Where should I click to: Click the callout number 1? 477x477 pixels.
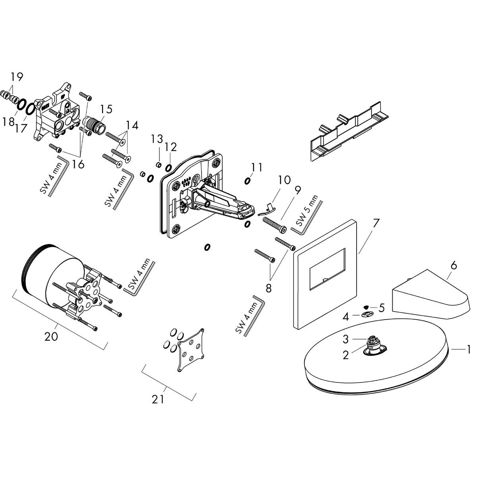(x=468, y=349)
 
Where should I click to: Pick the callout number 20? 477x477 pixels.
(x=51, y=336)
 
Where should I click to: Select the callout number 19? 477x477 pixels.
(x=17, y=76)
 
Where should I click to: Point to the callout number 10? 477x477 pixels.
(x=284, y=180)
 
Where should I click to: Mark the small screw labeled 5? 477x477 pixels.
(x=366, y=307)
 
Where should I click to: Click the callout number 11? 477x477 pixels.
(x=257, y=167)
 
